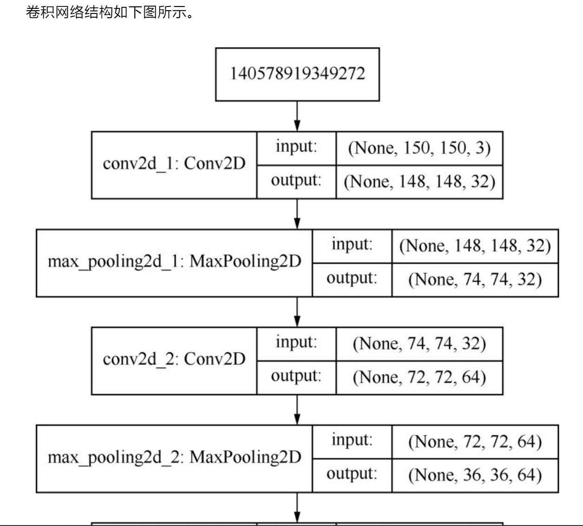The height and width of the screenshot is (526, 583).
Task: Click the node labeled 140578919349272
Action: click(x=297, y=74)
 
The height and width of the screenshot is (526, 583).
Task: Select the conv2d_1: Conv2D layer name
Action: click(x=174, y=164)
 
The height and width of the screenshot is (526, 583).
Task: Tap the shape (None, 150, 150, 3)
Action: click(x=419, y=148)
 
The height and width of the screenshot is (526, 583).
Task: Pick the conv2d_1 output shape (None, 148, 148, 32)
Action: click(x=419, y=182)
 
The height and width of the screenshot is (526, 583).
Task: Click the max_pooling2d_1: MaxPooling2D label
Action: click(x=174, y=262)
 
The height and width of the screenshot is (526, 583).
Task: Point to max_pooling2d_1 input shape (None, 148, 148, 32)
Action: click(x=475, y=246)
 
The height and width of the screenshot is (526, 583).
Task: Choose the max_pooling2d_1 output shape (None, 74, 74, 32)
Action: click(x=475, y=279)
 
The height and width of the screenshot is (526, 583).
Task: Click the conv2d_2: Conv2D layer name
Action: click(x=174, y=359)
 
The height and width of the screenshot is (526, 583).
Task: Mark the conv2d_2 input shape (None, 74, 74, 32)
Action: click(x=419, y=344)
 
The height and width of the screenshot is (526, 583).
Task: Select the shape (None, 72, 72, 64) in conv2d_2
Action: click(x=419, y=377)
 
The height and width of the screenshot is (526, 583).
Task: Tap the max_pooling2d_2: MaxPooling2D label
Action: click(x=174, y=458)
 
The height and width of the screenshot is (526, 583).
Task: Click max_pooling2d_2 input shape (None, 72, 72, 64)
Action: click(x=475, y=442)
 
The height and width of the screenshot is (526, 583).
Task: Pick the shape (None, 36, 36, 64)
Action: click(x=475, y=475)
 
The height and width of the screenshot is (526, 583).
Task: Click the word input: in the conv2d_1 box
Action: click(x=296, y=147)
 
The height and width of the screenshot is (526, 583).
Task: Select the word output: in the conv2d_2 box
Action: click(x=296, y=376)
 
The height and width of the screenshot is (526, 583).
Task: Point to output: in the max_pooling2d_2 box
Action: click(x=352, y=474)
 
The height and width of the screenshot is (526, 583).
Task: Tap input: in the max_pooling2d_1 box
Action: click(x=352, y=245)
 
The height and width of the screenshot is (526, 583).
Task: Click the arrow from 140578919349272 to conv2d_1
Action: click(x=297, y=116)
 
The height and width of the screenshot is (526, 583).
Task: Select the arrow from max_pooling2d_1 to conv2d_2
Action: click(x=297, y=312)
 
